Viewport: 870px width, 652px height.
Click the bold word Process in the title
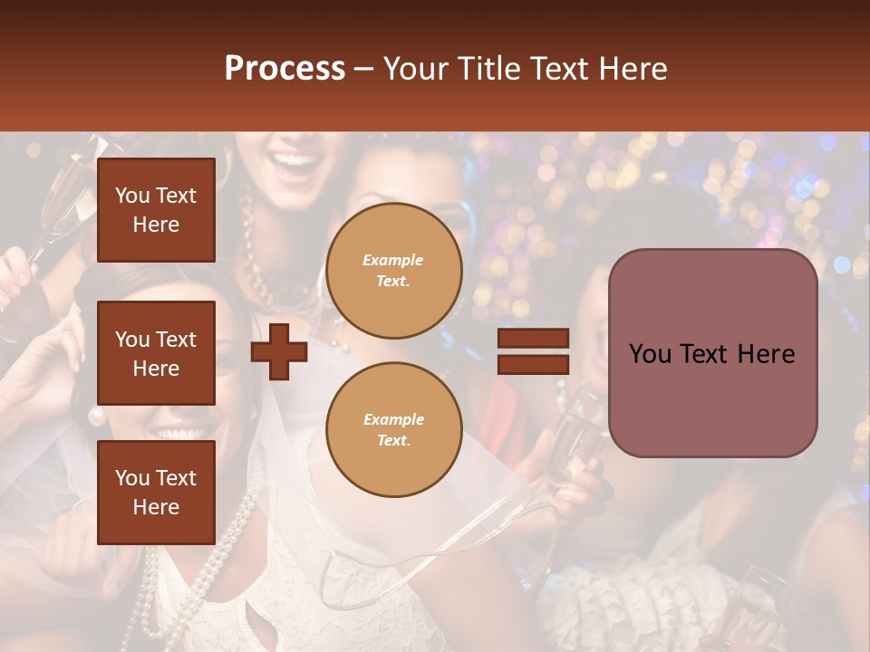point(285,69)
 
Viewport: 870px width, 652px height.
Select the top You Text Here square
point(156,210)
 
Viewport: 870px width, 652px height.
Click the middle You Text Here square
point(156,353)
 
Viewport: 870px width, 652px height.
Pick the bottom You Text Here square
point(156,493)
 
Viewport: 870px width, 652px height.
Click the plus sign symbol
point(278,351)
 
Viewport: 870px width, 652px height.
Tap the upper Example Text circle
point(394,271)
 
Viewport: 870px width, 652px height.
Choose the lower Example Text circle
point(394,430)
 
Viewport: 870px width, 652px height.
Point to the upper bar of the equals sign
point(533,338)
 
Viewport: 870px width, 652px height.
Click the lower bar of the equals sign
point(533,364)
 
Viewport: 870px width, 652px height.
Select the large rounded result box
point(712,353)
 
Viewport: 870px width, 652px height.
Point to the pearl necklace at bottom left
point(145,580)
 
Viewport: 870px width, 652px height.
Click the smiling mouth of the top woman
point(296,164)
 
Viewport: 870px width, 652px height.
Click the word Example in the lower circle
point(393,419)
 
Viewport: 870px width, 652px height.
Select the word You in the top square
point(131,196)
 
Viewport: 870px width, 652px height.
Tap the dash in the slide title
point(363,69)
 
